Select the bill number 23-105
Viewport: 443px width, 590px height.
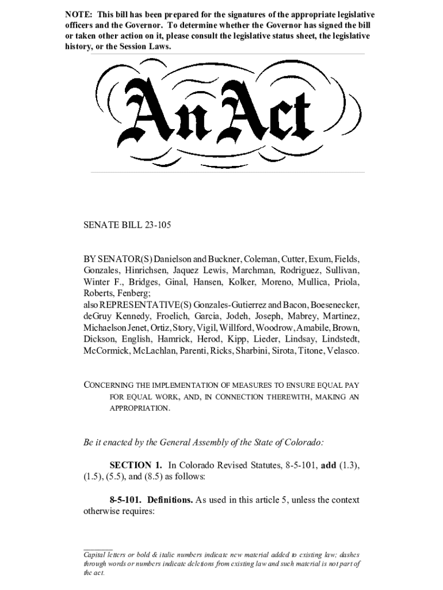[155, 226]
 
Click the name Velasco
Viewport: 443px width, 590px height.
[342, 350]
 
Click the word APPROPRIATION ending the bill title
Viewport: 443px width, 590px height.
[140, 408]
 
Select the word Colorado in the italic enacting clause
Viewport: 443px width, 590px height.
[301, 443]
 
